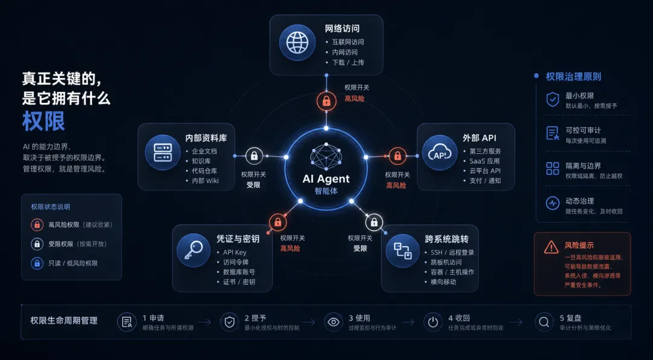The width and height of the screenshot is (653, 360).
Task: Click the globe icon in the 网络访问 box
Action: coord(297,42)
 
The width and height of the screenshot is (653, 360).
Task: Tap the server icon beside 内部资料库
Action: coord(163,152)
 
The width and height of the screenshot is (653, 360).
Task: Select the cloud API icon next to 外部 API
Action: coord(440,152)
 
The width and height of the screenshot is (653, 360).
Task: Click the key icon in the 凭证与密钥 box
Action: coord(193,250)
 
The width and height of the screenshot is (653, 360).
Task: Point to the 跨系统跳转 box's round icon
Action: coord(402,251)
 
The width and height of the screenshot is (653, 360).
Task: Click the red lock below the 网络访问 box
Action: coord(326,101)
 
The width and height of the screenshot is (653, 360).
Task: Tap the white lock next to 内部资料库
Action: coord(254,156)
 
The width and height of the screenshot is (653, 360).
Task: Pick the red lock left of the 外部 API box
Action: coord(398,156)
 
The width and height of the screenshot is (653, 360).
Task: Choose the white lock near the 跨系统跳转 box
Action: coord(374,222)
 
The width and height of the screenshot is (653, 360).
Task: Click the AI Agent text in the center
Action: coord(326,179)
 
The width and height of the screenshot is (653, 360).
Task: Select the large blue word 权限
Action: coord(44,121)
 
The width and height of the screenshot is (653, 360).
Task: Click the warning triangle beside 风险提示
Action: coord(551,247)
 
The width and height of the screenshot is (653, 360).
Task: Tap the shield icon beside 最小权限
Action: coord(553,100)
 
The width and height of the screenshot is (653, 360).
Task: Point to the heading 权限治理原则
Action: coord(573,77)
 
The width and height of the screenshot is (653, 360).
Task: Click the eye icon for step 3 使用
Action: coord(333,322)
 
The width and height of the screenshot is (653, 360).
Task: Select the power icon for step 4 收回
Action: coord(433,322)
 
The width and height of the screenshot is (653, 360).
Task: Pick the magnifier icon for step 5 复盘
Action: coord(544,322)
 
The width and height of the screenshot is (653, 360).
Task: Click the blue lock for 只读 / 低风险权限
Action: coord(37,263)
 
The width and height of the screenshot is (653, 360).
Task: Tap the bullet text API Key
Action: coord(235,252)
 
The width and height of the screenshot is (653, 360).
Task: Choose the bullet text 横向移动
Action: coord(443,282)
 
